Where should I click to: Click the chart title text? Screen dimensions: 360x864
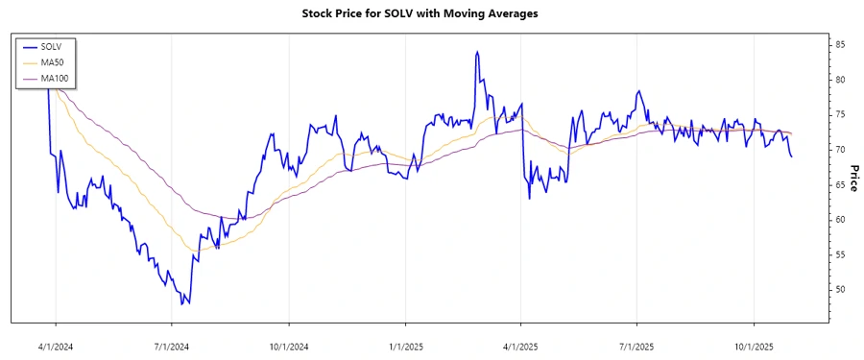431,13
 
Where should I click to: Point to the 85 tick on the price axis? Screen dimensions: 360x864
839,44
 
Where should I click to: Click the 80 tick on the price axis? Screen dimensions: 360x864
839,80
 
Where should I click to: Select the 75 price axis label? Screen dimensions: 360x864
839,114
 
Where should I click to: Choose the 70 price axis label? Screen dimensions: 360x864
839,150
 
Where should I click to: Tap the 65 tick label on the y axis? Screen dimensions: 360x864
839,184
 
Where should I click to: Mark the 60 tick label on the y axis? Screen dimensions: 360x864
839,219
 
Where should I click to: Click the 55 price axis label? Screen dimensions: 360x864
839,254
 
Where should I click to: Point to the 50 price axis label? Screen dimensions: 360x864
839,289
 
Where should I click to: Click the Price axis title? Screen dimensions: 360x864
853,178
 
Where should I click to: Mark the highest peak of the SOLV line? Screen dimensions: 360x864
477,52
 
